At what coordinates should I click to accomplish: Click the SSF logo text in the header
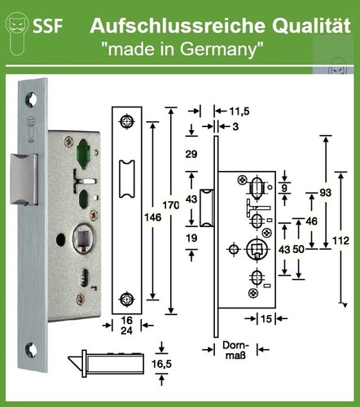[x=48, y=26]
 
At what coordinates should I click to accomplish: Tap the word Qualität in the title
[x=311, y=26]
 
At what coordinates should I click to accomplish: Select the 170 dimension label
[x=171, y=205]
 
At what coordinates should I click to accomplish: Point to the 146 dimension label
[x=153, y=217]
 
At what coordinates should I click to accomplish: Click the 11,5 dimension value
[x=239, y=112]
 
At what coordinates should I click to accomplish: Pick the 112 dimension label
[x=340, y=240]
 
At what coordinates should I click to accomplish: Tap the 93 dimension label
[x=325, y=193]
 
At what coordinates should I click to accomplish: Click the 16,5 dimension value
[x=161, y=364]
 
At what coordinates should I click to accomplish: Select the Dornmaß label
[x=235, y=350]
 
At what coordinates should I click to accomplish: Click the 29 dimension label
[x=191, y=154]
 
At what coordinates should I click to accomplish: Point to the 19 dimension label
[x=191, y=238]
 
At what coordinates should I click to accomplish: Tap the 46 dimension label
[x=311, y=221]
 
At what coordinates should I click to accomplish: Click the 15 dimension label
[x=266, y=319]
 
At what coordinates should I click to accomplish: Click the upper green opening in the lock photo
[x=83, y=154]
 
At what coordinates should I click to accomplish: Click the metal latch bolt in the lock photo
[x=24, y=179]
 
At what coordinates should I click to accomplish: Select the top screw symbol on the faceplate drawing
[x=127, y=121]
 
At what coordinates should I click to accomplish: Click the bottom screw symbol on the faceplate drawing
[x=127, y=300]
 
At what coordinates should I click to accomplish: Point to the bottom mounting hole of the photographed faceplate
[x=31, y=350]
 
